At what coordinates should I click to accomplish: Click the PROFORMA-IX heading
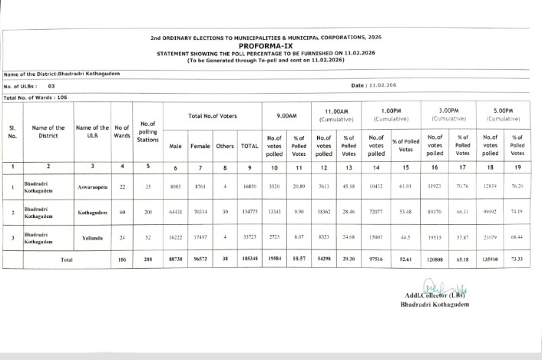(x=270, y=45)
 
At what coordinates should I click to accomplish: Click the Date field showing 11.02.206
(x=372, y=85)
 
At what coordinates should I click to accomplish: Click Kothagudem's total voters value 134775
(x=249, y=213)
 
